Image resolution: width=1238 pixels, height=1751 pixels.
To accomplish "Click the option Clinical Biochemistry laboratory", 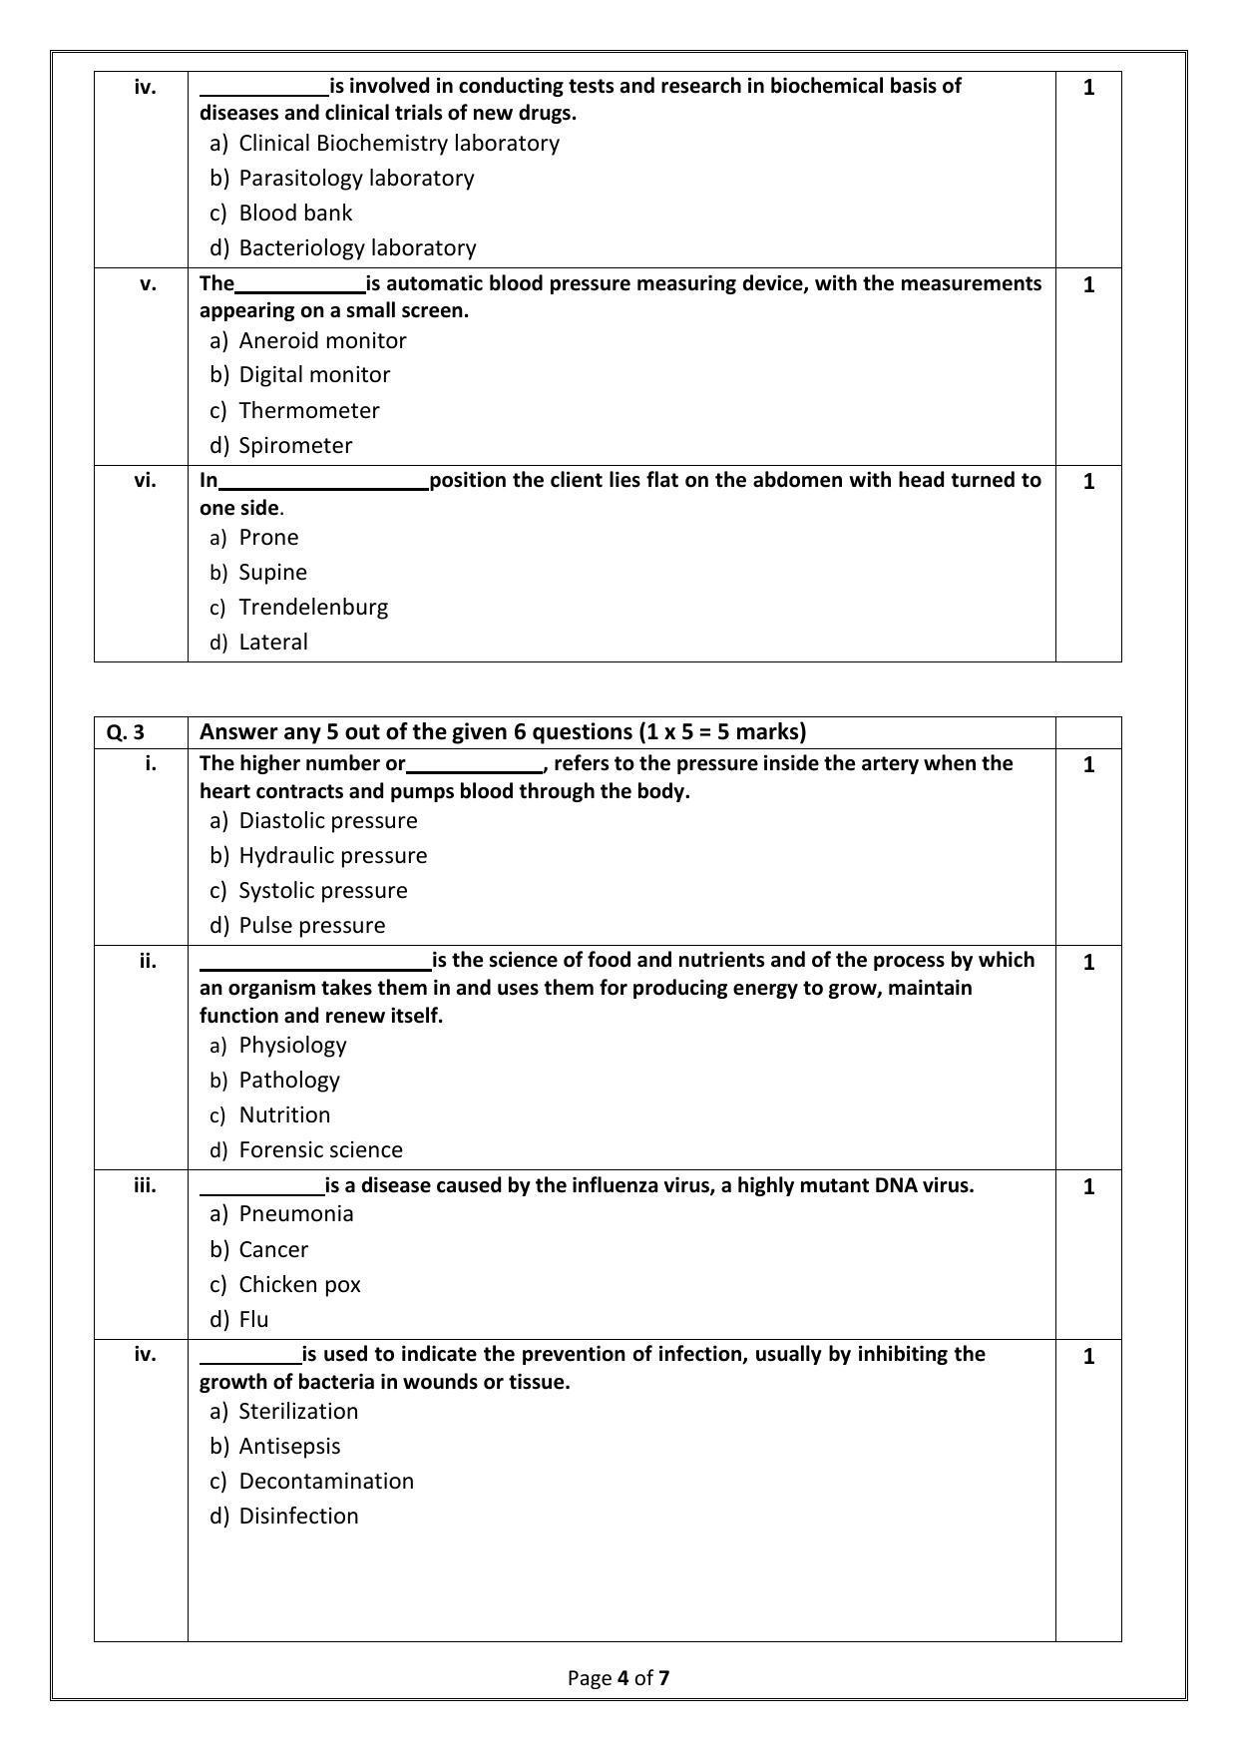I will (398, 143).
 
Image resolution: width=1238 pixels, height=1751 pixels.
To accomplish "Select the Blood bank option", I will (295, 213).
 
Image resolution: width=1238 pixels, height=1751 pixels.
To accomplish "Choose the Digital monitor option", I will (314, 374).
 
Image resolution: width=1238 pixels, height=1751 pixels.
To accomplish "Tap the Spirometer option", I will (295, 445).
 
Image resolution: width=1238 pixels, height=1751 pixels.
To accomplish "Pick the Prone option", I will (268, 537).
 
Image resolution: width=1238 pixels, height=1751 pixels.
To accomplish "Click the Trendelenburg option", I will (313, 607).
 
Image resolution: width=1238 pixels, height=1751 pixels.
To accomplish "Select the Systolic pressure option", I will (322, 890).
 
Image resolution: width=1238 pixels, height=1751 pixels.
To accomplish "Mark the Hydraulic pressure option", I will (332, 855).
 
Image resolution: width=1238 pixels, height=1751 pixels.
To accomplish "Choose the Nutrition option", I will (284, 1114).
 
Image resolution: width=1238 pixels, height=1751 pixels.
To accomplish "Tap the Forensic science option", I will (320, 1149).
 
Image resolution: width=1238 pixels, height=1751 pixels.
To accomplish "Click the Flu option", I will (253, 1319).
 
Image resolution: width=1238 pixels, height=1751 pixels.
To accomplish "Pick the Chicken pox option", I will (299, 1284).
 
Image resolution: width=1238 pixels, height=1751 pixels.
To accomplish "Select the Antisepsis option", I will (289, 1446).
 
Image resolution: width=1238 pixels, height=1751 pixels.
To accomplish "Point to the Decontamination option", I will (326, 1481).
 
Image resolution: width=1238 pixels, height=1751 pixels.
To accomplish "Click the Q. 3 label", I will (126, 732).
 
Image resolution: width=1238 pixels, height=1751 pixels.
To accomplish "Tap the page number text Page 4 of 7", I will (619, 1677).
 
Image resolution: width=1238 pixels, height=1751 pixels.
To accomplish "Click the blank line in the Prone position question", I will (323, 483).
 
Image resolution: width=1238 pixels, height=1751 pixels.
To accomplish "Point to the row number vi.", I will (145, 480).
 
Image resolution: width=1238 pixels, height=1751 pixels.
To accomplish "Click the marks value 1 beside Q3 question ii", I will (1088, 962).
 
